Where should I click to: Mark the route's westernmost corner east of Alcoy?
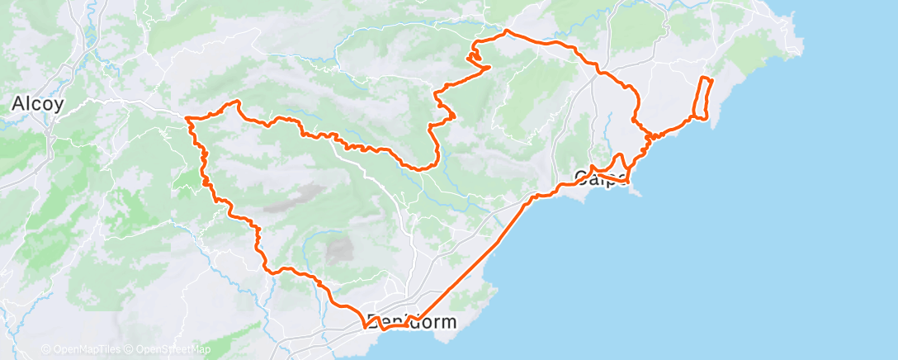click(x=188, y=120)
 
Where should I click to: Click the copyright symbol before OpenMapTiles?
click(x=46, y=349)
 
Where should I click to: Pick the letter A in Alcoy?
click(x=17, y=104)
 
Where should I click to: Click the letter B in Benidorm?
click(x=374, y=322)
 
